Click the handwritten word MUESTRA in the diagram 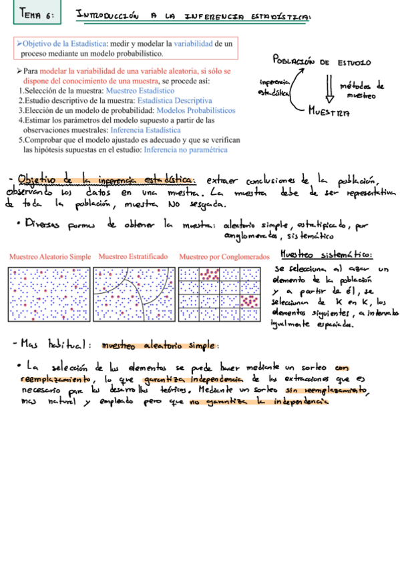[329, 113]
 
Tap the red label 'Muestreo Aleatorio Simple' [49, 256]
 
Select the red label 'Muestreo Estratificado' [133, 256]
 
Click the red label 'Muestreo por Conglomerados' [224, 256]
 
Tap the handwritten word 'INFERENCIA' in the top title [200, 14]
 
